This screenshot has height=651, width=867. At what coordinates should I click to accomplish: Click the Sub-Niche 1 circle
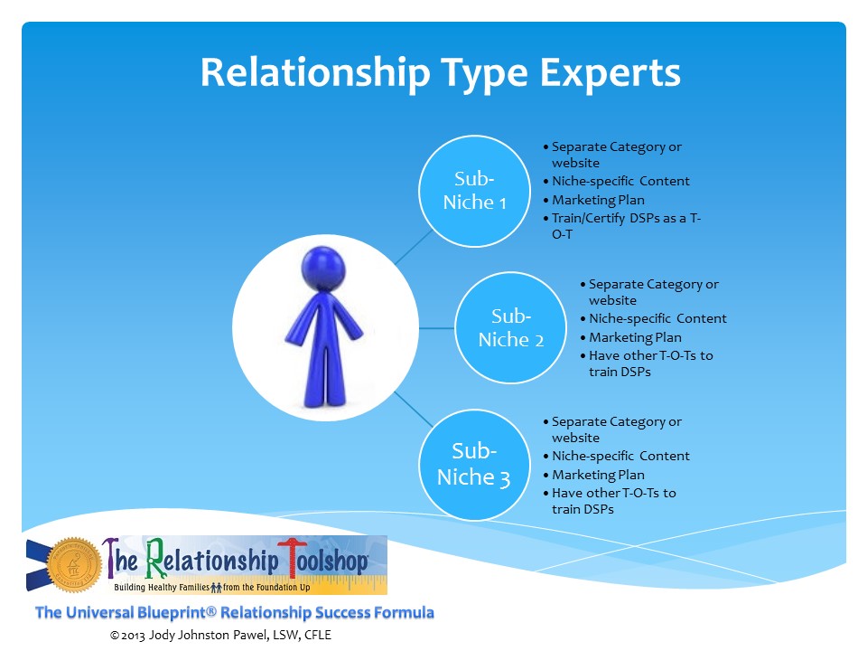[x=474, y=191]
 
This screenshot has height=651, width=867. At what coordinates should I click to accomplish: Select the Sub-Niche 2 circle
[x=510, y=327]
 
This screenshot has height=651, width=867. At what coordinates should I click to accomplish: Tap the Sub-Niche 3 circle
[x=474, y=465]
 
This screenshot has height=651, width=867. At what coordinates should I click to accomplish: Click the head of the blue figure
[x=323, y=268]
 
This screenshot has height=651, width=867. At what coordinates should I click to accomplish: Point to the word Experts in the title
[x=610, y=72]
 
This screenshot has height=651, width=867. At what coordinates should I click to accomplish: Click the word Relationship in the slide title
[x=315, y=72]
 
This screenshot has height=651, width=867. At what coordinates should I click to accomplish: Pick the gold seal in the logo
[x=73, y=565]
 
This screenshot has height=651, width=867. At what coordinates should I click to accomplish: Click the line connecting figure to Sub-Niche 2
[x=436, y=328]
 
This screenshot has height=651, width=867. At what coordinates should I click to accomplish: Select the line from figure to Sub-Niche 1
[x=414, y=248]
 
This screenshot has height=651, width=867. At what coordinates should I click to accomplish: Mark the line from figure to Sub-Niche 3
[x=414, y=409]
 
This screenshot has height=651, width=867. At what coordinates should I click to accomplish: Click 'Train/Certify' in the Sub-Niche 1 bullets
[x=588, y=219]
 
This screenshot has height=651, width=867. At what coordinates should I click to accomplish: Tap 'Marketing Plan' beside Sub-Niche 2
[x=635, y=337]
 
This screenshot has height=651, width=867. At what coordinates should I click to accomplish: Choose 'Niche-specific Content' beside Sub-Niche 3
[x=620, y=456]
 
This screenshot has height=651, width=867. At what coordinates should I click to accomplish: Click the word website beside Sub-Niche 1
[x=575, y=163]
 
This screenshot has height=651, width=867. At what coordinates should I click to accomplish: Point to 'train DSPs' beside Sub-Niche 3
[x=583, y=509]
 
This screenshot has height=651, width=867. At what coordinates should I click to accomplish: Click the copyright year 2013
[x=134, y=636]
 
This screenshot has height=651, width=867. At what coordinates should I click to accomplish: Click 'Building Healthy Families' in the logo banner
[x=162, y=588]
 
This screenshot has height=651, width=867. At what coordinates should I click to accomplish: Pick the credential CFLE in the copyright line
[x=318, y=635]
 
